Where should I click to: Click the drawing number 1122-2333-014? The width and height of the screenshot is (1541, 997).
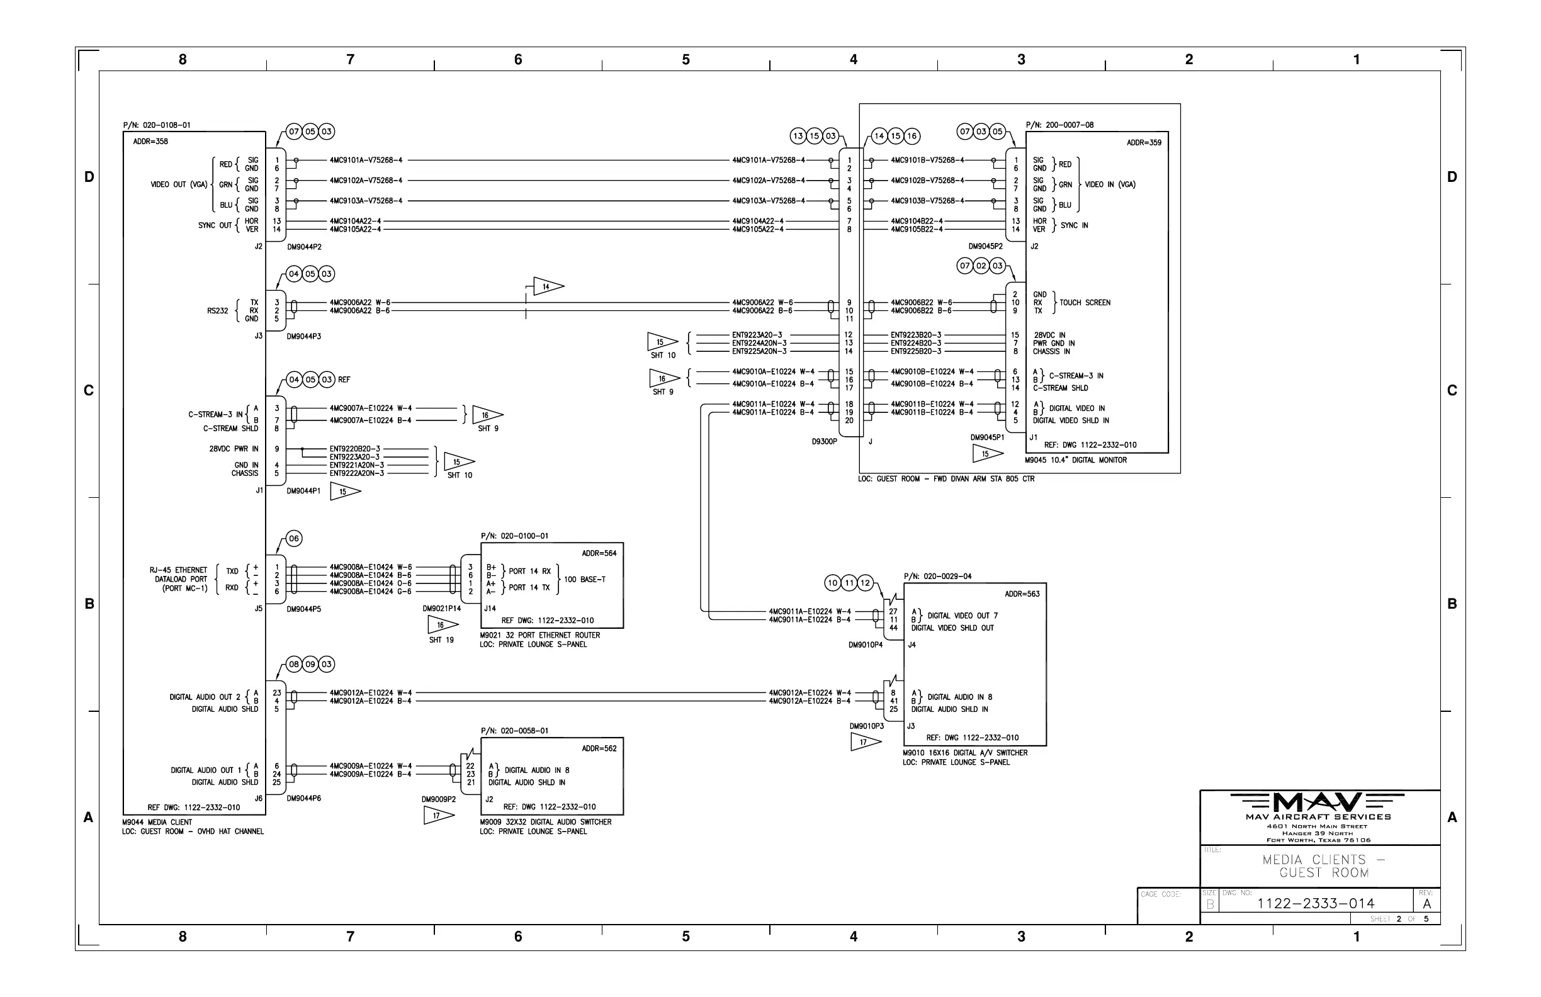[x=1315, y=903]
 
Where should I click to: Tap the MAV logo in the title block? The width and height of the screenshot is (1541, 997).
[x=1318, y=803]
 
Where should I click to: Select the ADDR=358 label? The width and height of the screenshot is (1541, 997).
[x=150, y=142]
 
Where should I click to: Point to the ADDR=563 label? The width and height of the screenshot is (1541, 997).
[x=1022, y=594]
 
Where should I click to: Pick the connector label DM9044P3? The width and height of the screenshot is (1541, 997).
[x=303, y=337]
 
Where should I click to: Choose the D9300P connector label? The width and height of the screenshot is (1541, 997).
[x=824, y=441]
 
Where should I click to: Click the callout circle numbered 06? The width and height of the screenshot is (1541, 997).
[x=294, y=539]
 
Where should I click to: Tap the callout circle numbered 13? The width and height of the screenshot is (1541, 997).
[x=798, y=136]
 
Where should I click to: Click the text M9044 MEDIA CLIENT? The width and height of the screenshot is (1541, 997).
[x=157, y=822]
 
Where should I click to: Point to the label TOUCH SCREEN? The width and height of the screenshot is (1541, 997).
[x=1085, y=302]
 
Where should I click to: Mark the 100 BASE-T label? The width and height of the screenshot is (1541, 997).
[x=585, y=580]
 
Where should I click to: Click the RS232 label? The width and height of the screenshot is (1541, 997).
[x=218, y=311]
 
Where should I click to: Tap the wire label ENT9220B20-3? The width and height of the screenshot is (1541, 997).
[x=355, y=449]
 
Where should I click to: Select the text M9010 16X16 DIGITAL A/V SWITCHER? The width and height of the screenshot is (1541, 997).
[x=965, y=753]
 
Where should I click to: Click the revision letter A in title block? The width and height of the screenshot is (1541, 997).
[x=1426, y=904]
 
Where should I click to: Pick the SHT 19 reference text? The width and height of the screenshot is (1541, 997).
[x=441, y=640]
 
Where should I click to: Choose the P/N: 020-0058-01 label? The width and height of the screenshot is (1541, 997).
[x=514, y=731]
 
